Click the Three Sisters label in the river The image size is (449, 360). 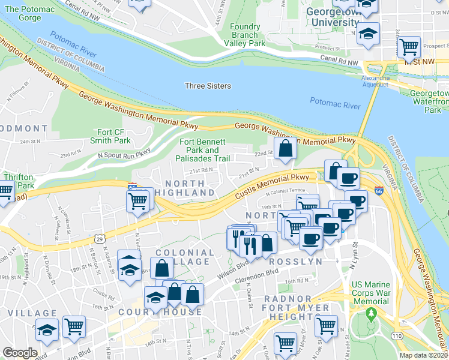click(x=208, y=86)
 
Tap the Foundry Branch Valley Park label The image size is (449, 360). click(x=249, y=35)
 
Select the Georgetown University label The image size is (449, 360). click(x=332, y=17)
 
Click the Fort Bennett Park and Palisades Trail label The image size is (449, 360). click(x=202, y=151)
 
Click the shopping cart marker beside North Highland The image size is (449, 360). click(x=137, y=201)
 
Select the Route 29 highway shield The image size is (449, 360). click(x=96, y=239)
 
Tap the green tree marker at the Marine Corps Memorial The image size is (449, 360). click(x=372, y=313)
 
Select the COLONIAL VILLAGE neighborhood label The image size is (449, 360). click(x=182, y=257)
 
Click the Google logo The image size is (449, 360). click(x=20, y=353)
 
